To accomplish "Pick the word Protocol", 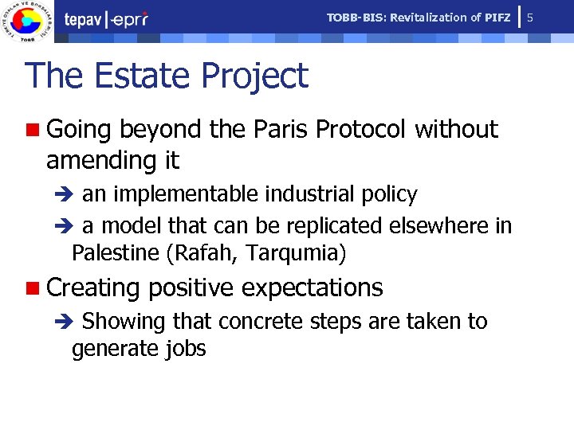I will pos(361,129).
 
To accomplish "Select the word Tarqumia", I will pos(296,254).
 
